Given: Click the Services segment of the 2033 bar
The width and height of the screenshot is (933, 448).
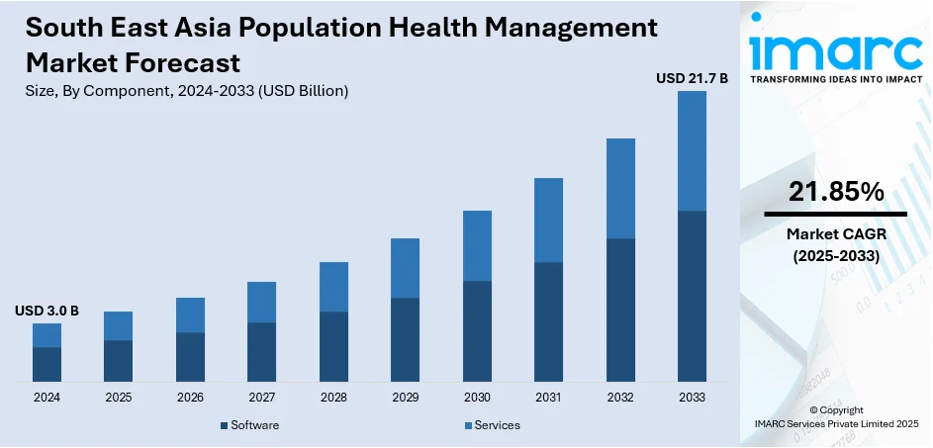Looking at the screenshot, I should (x=692, y=150).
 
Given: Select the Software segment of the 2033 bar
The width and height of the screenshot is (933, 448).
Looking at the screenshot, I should (x=692, y=296).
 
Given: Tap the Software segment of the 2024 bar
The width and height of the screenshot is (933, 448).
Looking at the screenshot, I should (x=47, y=364).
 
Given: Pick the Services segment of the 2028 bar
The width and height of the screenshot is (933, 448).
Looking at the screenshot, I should (x=333, y=287).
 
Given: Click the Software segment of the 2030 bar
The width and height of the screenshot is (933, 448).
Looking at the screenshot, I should (x=477, y=331).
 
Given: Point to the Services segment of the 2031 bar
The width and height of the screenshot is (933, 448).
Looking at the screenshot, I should (x=548, y=220).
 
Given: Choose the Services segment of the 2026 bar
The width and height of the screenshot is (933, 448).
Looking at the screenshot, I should (x=190, y=314).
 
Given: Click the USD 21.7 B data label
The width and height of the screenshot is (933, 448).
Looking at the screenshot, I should (x=692, y=77).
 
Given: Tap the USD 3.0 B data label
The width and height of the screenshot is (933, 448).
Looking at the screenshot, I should (x=47, y=311).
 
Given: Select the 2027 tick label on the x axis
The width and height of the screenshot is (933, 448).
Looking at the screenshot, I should (x=262, y=397).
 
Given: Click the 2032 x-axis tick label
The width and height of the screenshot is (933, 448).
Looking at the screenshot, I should (x=620, y=397).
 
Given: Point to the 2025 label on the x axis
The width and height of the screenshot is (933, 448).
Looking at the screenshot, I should (x=119, y=397).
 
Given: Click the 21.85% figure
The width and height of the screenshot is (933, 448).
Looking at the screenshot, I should (x=836, y=193).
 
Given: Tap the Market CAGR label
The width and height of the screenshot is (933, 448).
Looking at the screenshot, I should (x=836, y=234).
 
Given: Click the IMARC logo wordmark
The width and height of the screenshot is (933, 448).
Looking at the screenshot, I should (x=835, y=49).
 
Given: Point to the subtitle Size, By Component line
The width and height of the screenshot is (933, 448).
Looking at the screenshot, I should (x=187, y=91).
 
